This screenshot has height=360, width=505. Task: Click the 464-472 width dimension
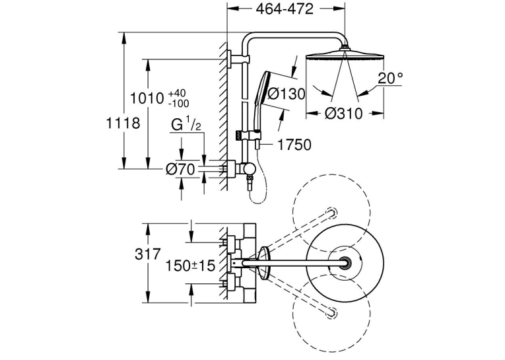pos(285,9)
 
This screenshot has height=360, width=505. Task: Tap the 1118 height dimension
pos(123,123)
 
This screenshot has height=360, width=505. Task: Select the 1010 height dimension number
pos(147,98)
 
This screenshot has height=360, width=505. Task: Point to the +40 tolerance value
pos(177,93)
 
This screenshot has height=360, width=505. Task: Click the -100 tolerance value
pos(179,104)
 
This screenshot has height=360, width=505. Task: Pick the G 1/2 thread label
pos(186,124)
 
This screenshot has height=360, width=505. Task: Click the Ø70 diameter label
pos(180,169)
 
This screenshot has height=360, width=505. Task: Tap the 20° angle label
pos(390,78)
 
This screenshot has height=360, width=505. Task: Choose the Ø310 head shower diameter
pos(344,114)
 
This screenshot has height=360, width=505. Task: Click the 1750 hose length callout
pos(294,145)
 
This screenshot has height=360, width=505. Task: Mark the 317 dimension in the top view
pos(147,254)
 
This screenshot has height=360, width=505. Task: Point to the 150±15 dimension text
pos(190,266)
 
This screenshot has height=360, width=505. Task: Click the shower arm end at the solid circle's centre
pos(345,263)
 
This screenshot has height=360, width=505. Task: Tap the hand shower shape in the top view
pos(265,263)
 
